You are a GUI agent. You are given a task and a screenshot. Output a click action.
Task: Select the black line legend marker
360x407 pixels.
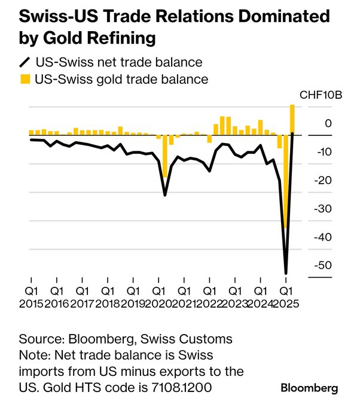[x=25, y=62]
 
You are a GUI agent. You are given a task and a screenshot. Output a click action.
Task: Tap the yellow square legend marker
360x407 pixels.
[x=25, y=79]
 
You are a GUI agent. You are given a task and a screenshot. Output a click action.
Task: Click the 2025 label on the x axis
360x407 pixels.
[x=285, y=303]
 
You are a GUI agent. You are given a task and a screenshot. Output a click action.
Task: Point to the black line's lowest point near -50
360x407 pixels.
[x=286, y=273]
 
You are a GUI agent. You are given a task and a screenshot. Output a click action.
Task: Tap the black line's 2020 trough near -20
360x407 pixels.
[x=165, y=195]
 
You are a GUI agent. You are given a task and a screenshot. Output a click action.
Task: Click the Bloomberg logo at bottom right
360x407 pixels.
[x=309, y=388]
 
